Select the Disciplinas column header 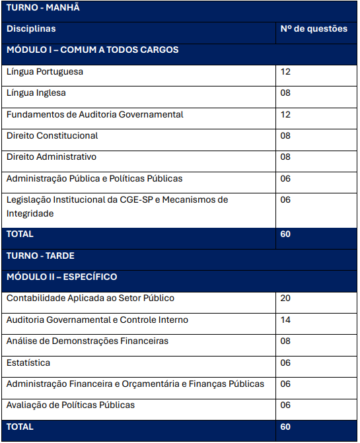coord(31,29)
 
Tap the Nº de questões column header coord(314,29)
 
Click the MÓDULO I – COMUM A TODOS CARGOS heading coord(92,50)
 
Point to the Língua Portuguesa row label coord(45,71)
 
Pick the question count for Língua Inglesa coord(285,93)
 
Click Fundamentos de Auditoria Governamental coord(94,114)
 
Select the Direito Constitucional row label coord(52,136)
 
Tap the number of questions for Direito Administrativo coord(285,157)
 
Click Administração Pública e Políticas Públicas coord(94,178)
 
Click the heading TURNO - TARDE coord(40,256)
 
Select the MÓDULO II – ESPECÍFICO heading coord(61,277)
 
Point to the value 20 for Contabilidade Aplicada coord(285,298)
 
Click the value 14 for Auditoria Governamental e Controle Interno coord(285,320)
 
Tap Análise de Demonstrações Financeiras coord(87,341)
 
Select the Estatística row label coord(28,363)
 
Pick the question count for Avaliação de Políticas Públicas coord(285,405)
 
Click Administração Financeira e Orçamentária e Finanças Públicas coord(135,384)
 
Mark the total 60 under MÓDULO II coord(285,427)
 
